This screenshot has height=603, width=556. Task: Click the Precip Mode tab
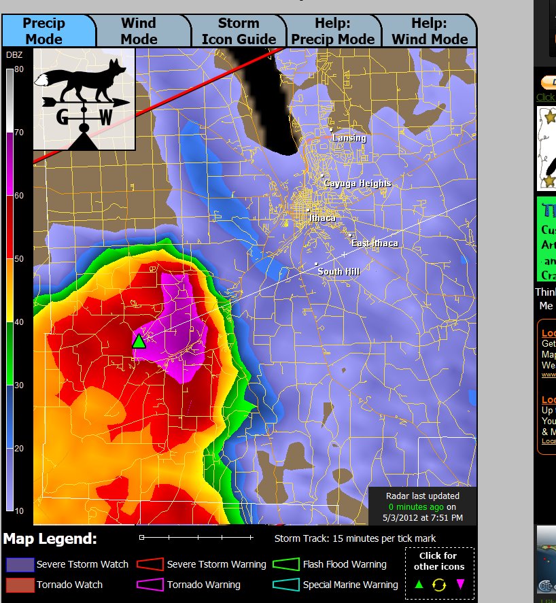pos(44,31)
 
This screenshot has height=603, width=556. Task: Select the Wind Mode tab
pos(139,31)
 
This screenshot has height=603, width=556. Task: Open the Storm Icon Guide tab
pos(239,31)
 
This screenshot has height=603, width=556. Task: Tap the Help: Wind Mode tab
pos(430,31)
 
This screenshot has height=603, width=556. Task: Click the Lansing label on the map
pos(349,138)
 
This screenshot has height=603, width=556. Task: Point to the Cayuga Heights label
pos(358,184)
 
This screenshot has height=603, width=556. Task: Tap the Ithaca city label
pos(322,218)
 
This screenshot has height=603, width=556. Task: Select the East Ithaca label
pos(375,243)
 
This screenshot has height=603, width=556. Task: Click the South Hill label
pos(338,272)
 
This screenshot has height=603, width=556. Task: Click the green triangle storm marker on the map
pos(139,341)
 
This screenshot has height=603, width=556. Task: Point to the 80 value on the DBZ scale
pos(18,69)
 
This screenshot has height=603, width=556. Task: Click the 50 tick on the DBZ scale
pos(18,259)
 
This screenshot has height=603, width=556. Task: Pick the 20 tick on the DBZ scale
pos(18,449)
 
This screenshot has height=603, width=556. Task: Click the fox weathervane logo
pos(84,99)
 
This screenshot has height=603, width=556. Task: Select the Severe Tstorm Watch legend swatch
pos(20,564)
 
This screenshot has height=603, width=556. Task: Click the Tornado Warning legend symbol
pos(150,585)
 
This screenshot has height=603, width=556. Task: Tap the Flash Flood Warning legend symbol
pos(286,564)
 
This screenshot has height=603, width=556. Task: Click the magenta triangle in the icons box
pos(460,584)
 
